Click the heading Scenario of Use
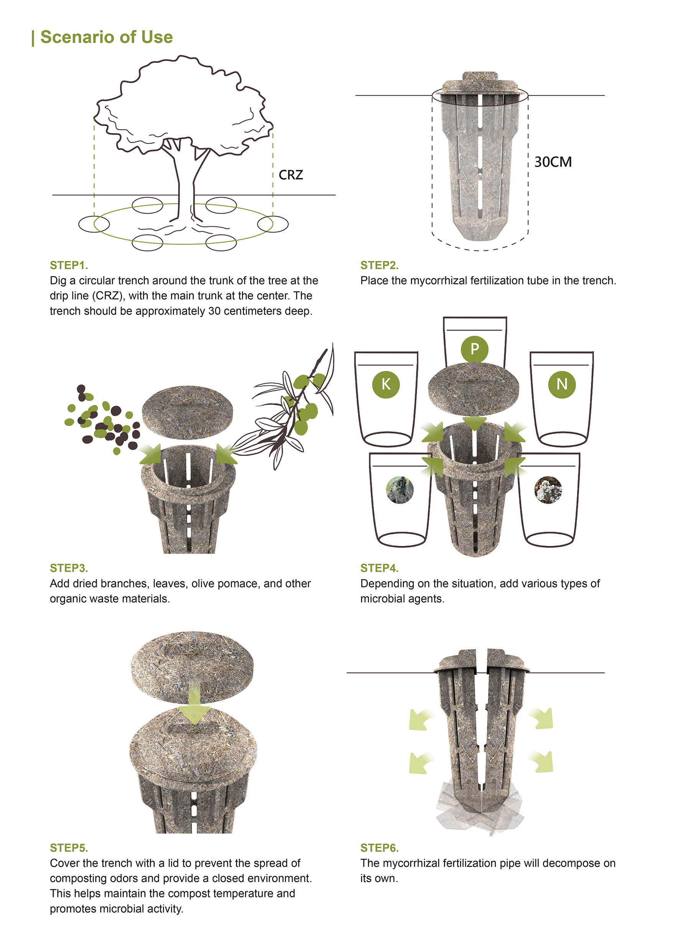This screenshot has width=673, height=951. click(106, 37)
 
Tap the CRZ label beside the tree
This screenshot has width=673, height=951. click(291, 175)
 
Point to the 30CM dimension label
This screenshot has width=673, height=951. click(553, 162)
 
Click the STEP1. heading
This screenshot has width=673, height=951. click(69, 265)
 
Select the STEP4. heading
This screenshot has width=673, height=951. click(379, 568)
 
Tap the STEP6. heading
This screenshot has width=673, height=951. click(379, 848)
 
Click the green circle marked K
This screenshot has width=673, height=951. click(385, 384)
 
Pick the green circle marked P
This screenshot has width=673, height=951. click(474, 349)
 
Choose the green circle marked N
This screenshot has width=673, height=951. click(561, 384)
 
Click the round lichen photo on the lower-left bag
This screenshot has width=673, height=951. click(400, 489)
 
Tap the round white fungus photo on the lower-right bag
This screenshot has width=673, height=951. click(548, 489)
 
